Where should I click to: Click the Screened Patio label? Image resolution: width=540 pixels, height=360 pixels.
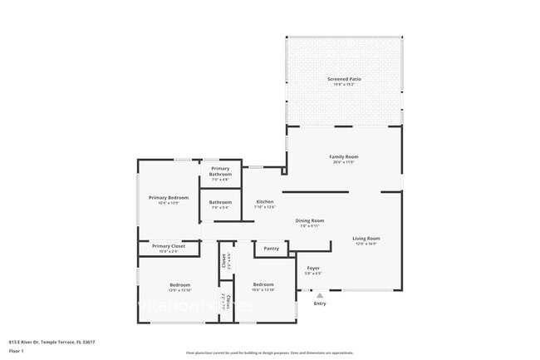coord(343,79)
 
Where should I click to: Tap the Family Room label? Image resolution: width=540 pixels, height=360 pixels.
coord(343,156)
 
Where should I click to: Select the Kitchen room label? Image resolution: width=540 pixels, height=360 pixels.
coord(264,202)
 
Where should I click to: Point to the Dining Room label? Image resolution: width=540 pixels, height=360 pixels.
coord(309,220)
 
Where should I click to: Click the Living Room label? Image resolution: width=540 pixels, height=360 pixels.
coord(366,239)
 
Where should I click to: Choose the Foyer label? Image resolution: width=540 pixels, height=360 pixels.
coord(313,268)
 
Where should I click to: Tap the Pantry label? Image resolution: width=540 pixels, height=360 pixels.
coord(271,248)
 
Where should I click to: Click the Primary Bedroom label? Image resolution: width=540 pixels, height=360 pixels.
coord(169,197)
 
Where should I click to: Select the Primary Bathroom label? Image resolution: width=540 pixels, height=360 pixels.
coord(220,171)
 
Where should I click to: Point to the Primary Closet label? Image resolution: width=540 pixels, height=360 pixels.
coord(169,246)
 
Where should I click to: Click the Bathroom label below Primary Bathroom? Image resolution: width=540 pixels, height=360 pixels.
coord(220,202)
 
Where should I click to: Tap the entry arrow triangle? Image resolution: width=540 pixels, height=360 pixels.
coord(320,294)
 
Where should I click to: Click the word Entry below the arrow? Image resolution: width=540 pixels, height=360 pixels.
coord(320,303)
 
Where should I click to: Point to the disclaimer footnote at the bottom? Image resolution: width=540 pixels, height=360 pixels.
coord(269,353)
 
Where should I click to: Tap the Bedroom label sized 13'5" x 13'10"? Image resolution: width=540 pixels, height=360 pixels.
coord(180,284)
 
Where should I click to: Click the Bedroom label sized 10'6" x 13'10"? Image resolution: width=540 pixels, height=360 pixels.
coord(263,284)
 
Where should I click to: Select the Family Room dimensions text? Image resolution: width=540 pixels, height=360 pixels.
coord(343,162)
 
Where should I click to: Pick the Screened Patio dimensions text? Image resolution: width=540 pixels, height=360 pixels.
coord(343,85)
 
